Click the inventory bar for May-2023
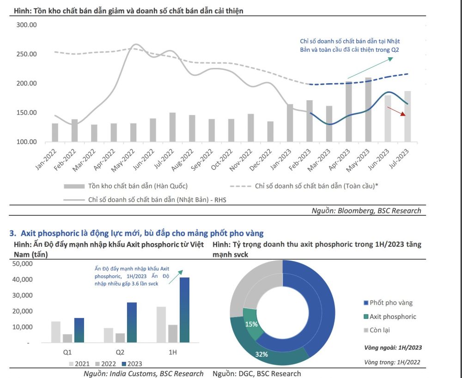(368, 110)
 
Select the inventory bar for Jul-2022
(172, 127)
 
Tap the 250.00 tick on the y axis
(26, 54)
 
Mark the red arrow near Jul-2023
(397, 111)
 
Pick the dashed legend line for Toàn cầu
(240, 186)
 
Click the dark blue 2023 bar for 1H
(185, 310)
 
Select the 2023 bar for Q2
(132, 323)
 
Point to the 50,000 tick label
(20, 263)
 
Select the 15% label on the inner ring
(251, 324)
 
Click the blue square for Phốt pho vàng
(366, 303)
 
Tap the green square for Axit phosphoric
(366, 317)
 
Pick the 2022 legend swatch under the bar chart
(97, 363)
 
